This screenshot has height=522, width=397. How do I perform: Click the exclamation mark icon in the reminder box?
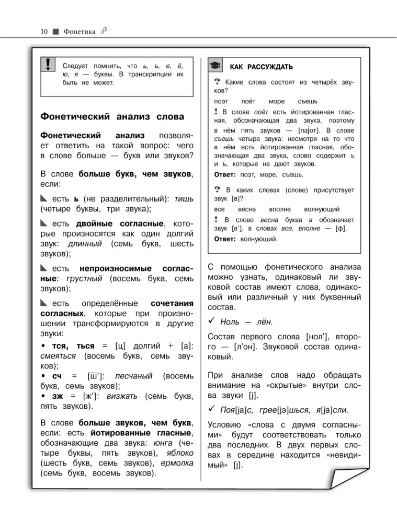tap(48, 64)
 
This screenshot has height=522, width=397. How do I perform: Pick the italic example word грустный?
tap(82, 279)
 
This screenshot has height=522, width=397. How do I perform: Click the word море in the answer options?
tap(275, 101)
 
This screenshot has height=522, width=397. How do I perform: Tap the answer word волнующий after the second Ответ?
tap(259, 239)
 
